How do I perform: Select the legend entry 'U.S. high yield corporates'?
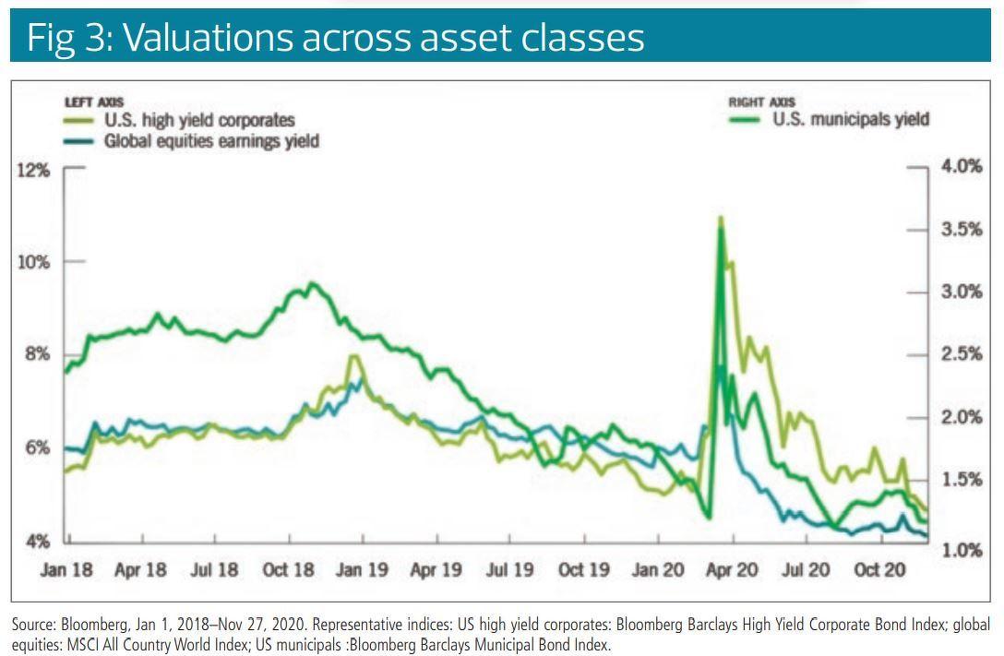pyautogui.click(x=199, y=120)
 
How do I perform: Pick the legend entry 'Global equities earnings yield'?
pyautogui.click(x=211, y=141)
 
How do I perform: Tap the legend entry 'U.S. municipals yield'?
pyautogui.click(x=850, y=118)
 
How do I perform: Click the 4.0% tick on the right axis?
pyautogui.click(x=960, y=167)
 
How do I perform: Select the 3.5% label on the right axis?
pyautogui.click(x=960, y=230)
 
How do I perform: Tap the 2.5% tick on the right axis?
pyautogui.click(x=960, y=354)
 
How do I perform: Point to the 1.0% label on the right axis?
pyautogui.click(x=960, y=550)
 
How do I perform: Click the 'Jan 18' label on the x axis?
pyautogui.click(x=67, y=569)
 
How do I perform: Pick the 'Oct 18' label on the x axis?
pyautogui.click(x=289, y=569)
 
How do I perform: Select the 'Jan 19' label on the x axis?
pyautogui.click(x=361, y=569)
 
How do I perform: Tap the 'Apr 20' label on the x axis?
pyautogui.click(x=732, y=569)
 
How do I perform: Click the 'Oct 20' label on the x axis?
pyautogui.click(x=879, y=569)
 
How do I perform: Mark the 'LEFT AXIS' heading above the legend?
pyautogui.click(x=94, y=102)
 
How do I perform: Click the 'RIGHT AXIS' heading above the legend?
pyautogui.click(x=761, y=102)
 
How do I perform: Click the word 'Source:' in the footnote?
pyautogui.click(x=35, y=625)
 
